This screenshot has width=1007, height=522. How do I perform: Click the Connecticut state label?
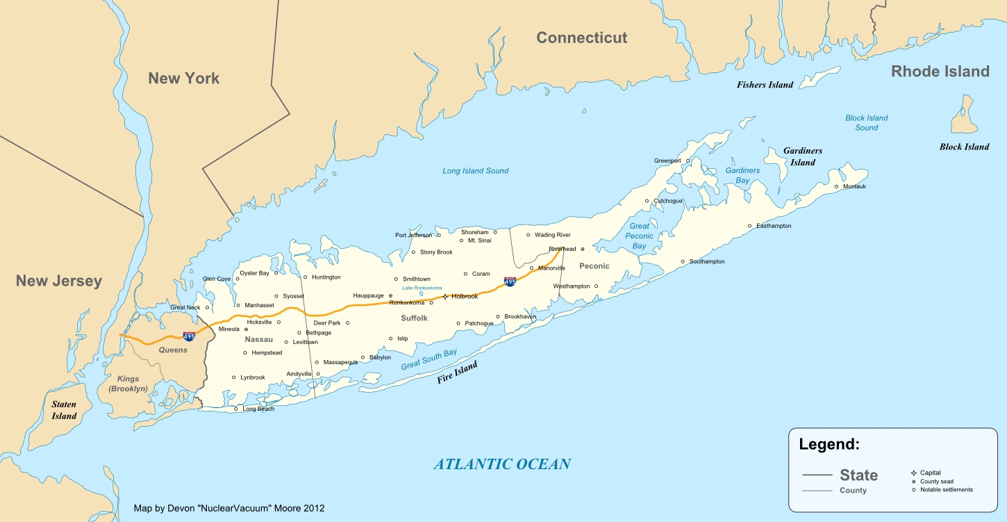tap(581, 38)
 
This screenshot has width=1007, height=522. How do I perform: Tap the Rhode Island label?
tap(940, 72)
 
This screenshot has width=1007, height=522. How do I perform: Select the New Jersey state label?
tap(59, 281)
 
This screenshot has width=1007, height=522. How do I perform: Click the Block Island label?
tap(964, 147)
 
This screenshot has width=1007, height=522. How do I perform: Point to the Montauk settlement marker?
tap(837, 186)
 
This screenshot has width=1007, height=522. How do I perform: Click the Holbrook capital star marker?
tap(444, 297)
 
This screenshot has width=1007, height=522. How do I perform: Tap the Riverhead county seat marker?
tap(583, 248)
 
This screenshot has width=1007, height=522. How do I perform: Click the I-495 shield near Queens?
tap(189, 336)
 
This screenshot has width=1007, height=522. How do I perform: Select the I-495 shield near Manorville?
tap(510, 282)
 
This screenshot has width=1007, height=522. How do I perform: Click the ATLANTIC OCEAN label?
tap(501, 464)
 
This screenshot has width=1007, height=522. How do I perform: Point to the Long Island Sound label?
tap(476, 171)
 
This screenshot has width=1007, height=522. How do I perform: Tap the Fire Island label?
tap(457, 373)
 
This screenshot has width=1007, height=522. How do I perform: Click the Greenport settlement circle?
tap(688, 161)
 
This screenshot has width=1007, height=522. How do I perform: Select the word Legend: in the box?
tap(829, 445)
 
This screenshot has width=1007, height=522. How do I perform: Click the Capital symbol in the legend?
tap(913, 473)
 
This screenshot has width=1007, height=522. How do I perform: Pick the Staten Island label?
tap(64, 410)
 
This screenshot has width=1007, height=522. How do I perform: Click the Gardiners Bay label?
tap(742, 175)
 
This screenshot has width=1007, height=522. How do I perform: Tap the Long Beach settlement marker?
tap(236, 409)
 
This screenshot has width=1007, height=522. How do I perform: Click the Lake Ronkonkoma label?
tap(422, 288)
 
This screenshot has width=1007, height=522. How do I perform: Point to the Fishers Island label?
tap(765, 85)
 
